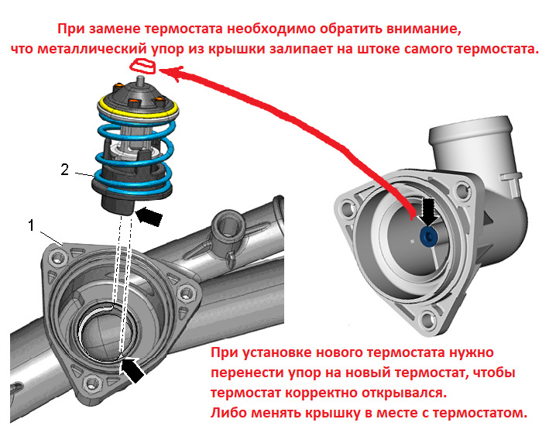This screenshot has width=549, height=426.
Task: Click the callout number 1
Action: [32, 225]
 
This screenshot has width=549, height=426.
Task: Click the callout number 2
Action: [65, 170]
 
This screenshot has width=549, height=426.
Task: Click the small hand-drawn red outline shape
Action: [142, 66]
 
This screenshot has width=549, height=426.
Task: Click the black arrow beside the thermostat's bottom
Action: [149, 215]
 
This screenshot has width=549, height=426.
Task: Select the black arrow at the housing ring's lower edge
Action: [132, 369]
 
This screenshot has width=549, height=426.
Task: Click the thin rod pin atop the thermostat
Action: [140, 79]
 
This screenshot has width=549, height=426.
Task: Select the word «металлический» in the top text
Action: [92, 49]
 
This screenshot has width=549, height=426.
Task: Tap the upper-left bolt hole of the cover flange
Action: [348, 209]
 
